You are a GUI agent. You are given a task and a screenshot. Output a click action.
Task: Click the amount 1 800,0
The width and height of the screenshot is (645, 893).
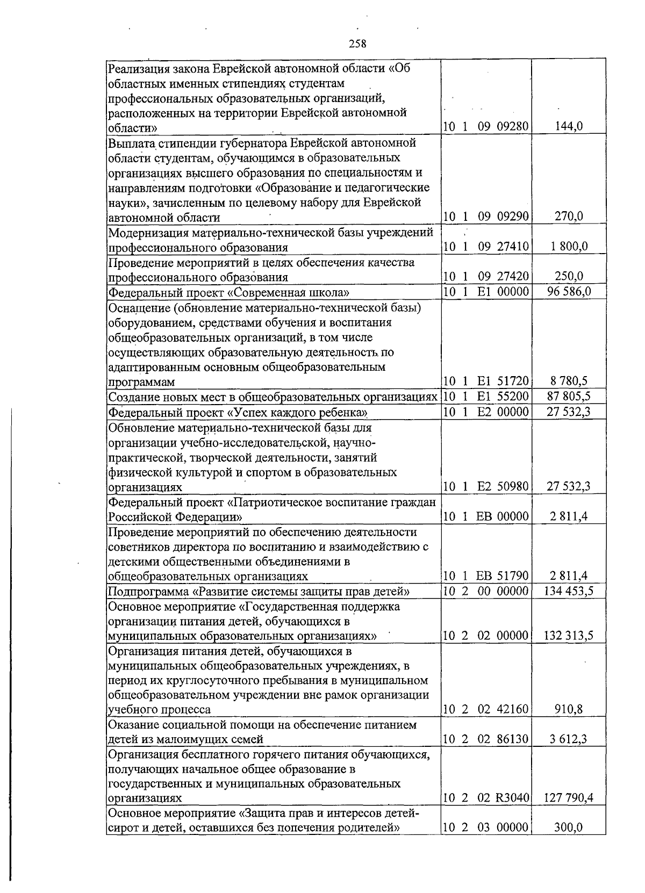[x=569, y=247]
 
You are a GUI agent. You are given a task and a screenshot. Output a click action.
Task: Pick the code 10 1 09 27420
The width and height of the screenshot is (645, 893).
[x=486, y=277]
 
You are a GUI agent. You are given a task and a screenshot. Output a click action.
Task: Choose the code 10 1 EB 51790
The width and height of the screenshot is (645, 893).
[x=486, y=575]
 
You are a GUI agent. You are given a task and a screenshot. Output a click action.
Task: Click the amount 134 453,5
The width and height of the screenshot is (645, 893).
[x=569, y=591]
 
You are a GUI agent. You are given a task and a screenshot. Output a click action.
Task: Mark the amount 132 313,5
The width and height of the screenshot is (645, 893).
[x=569, y=636]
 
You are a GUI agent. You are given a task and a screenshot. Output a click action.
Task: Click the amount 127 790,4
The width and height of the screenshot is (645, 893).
[x=569, y=798]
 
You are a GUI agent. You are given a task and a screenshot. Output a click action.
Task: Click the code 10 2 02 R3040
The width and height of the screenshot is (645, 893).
[x=486, y=798]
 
